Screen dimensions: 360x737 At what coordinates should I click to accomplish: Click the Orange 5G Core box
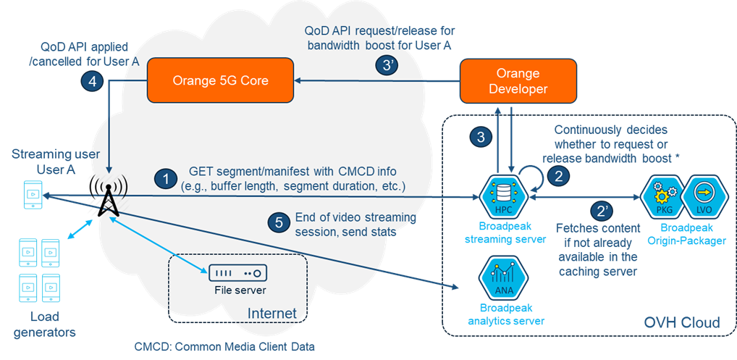tap(220, 80)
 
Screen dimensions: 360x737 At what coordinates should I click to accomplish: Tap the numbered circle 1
tap(167, 178)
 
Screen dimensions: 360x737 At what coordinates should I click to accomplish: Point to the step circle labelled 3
tap(479, 136)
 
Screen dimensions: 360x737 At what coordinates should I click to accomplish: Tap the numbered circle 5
tap(279, 223)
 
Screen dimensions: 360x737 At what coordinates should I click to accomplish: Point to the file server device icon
tap(237, 274)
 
